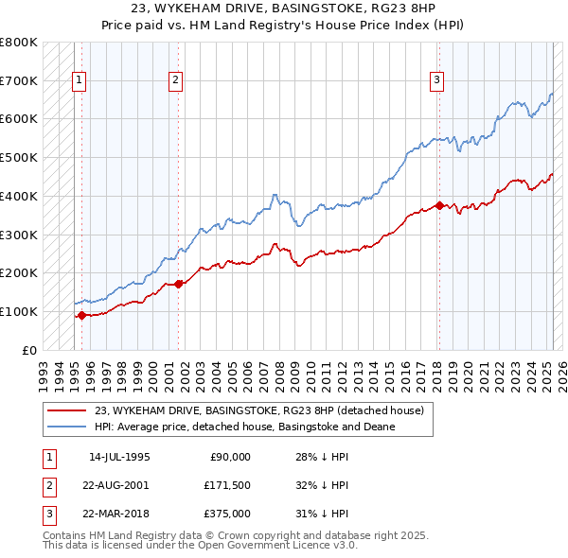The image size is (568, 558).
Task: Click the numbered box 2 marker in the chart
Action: [x=176, y=81]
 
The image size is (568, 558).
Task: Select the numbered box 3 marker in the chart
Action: [x=437, y=81]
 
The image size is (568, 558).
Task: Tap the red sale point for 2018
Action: [x=439, y=205]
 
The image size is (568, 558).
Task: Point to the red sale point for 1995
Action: [x=81, y=315]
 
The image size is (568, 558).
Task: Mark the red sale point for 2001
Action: [x=180, y=284]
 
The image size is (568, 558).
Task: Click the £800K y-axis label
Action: [x=18, y=43]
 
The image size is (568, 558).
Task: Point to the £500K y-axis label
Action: [x=18, y=158]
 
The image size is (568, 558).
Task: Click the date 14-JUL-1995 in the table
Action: [x=119, y=457]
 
